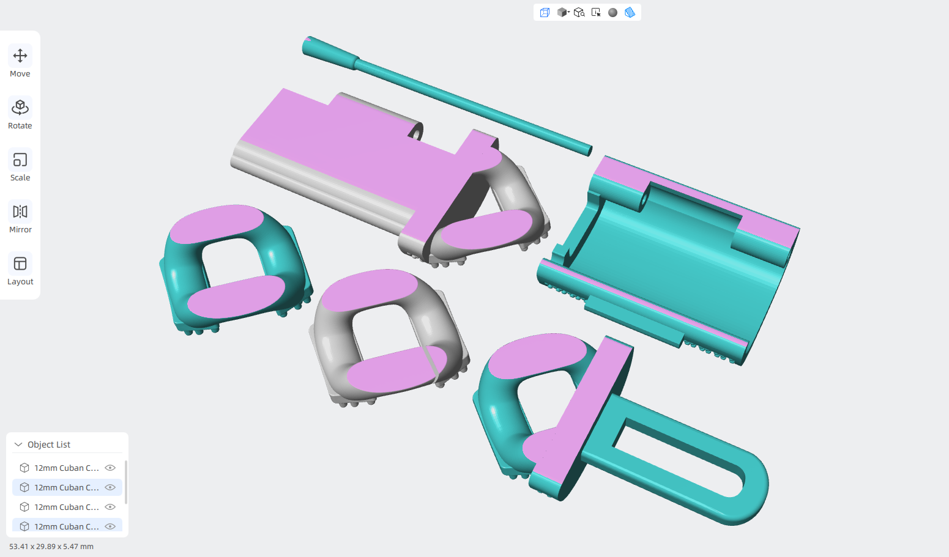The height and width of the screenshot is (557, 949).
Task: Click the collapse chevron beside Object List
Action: pos(18,444)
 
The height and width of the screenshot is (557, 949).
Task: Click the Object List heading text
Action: pos(49,444)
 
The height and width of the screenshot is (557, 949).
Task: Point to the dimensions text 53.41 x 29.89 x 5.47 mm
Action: pos(51,547)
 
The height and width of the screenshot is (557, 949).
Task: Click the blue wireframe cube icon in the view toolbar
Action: pos(545,13)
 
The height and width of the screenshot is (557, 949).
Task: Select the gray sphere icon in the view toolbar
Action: pos(612,13)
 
